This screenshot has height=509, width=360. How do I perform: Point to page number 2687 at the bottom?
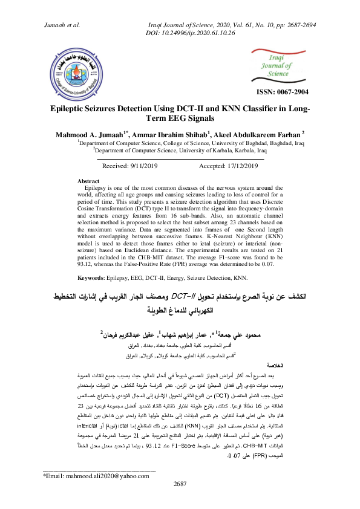[180, 501]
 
